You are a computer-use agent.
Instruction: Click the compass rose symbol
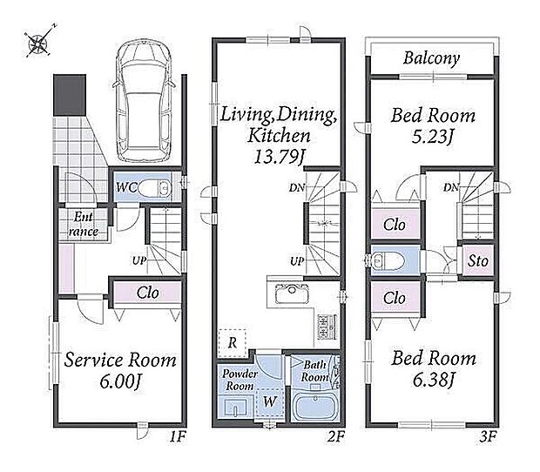tap(38, 42)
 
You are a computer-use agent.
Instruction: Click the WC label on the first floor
tap(126, 188)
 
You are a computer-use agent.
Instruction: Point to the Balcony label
tap(431, 58)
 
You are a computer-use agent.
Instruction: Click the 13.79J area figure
tap(279, 157)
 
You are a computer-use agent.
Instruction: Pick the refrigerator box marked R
tap(233, 343)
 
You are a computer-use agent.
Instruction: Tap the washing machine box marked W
tap(270, 401)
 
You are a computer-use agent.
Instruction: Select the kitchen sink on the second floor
tap(292, 293)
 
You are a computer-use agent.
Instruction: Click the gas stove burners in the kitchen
tap(325, 327)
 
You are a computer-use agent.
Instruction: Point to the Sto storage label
tap(478, 260)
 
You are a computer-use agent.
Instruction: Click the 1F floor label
tap(178, 437)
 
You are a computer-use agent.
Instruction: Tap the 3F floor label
tap(488, 437)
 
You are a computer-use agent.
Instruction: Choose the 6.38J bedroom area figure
tap(434, 380)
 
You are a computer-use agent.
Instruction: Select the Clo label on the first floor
tap(147, 293)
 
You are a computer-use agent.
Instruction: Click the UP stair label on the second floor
tap(297, 261)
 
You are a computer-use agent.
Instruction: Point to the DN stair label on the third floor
tap(451, 187)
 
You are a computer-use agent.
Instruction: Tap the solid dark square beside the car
tap(70, 95)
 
